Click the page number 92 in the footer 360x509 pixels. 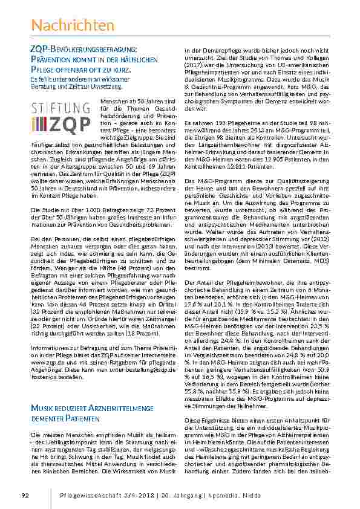(x=25, y=496)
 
